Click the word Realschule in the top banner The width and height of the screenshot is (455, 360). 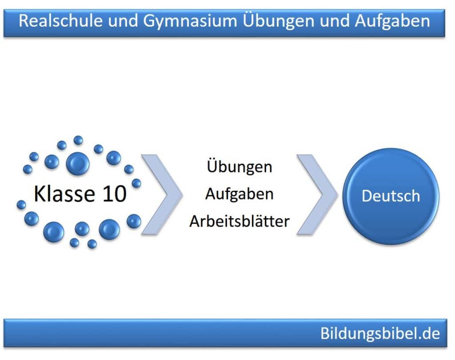coord(60,21)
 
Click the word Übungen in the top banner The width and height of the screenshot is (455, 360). coord(279,21)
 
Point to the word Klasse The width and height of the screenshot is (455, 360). coord(64,194)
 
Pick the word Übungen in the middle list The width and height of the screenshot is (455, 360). coord(239,166)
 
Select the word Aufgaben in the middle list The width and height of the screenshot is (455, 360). coord(239,194)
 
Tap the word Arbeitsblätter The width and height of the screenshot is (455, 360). coord(239,221)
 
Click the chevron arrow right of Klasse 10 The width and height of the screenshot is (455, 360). coord(162,194)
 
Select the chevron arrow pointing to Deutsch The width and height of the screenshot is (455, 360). coord(317,194)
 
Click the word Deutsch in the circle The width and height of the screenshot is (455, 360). coord(391,196)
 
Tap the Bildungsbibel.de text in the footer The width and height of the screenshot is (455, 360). coord(380,333)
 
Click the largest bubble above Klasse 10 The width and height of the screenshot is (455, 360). coord(78,164)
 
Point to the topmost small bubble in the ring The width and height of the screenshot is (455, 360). coord(78,140)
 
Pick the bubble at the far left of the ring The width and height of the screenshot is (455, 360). coord(21,205)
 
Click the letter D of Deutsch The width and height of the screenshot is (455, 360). coord(367,196)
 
